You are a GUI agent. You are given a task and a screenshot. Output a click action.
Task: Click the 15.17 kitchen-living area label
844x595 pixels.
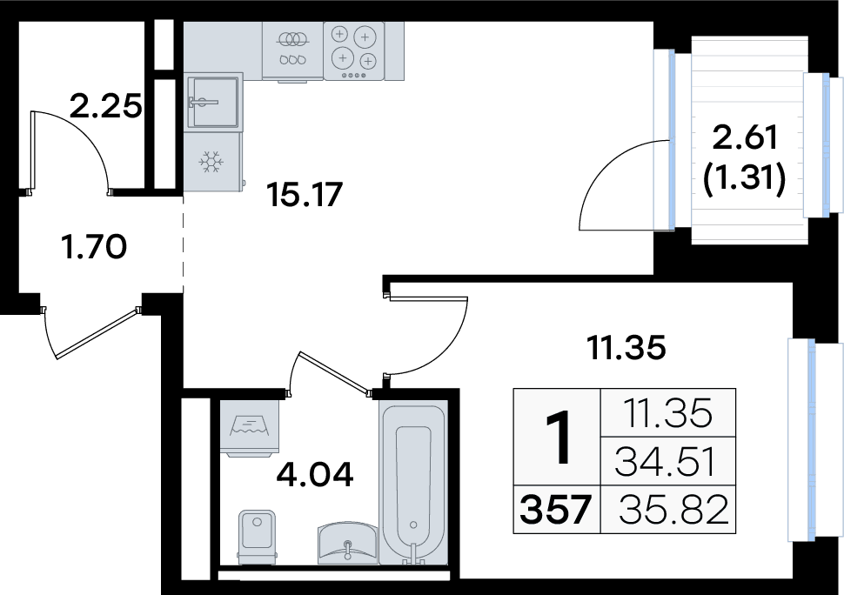tap(305, 195)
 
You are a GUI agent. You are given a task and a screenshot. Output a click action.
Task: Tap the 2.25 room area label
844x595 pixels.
tap(106, 105)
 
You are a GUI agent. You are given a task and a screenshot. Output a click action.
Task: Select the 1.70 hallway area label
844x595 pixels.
tap(94, 247)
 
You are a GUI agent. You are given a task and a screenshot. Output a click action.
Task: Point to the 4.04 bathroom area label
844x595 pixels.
tap(315, 474)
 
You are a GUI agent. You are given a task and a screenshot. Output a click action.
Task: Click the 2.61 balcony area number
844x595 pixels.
tap(745, 137)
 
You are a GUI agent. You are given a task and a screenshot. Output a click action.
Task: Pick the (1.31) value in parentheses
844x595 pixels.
tap(745, 177)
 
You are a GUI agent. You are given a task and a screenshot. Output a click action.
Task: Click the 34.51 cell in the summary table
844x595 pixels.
tap(666, 462)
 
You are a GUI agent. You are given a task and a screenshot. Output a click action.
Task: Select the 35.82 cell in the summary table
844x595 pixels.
tap(673, 510)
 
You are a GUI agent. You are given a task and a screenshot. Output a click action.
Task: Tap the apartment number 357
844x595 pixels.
tap(555, 510)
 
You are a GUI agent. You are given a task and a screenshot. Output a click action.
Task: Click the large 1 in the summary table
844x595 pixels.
tap(558, 437)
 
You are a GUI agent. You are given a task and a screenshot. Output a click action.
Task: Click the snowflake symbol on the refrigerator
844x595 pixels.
tap(211, 162)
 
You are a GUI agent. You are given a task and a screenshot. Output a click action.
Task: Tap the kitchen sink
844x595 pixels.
tap(212, 102)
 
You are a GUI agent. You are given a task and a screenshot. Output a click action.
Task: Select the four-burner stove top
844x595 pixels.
tap(353, 50)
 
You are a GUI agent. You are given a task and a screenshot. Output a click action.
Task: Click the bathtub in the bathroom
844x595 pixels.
tap(413, 482)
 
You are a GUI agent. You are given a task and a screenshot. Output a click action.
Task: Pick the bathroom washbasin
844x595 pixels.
tap(348, 542)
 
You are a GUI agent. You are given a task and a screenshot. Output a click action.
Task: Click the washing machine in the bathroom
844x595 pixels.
tap(250, 428)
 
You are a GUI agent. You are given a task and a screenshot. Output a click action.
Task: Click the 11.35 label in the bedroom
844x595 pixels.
tap(626, 348)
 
